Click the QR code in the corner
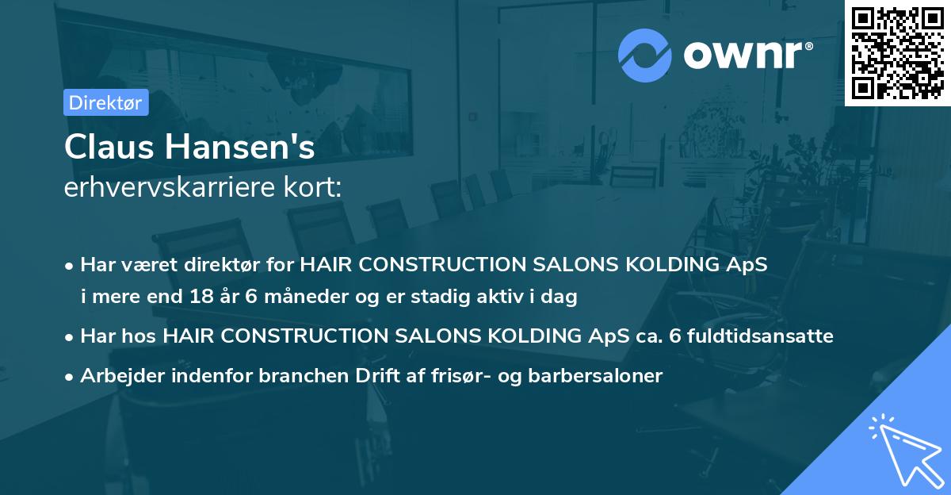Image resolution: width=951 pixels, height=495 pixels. [x=897, y=52]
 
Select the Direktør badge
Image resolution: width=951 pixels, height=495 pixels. [x=105, y=102]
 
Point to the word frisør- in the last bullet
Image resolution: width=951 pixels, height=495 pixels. [x=491, y=376]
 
